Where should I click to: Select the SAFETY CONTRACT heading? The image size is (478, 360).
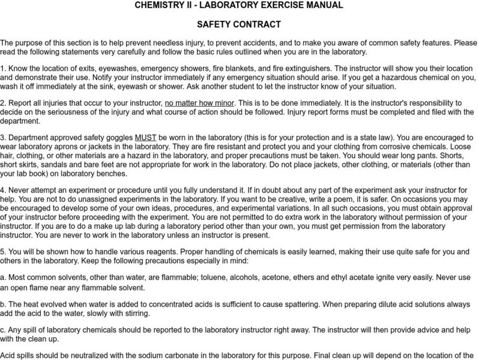pyautogui.click(x=238, y=25)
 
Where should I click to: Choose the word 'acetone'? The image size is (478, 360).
pyautogui.click(x=297, y=278)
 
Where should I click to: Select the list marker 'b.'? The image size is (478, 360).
pyautogui.click(x=4, y=304)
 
